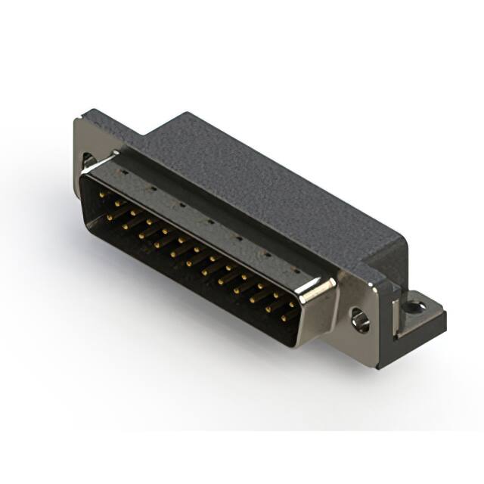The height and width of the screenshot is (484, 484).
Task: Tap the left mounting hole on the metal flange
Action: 88,161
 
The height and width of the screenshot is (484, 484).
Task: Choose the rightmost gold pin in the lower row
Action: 284,318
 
